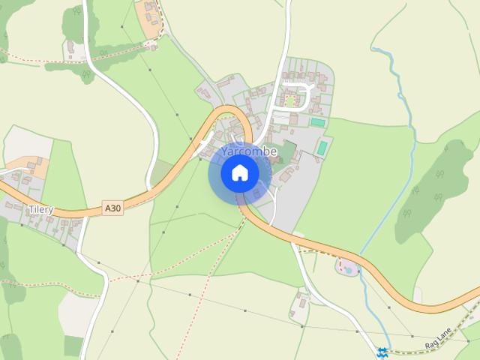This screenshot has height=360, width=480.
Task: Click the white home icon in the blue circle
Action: pyautogui.click(x=240, y=173)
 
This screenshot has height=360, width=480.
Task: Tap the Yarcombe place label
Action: pyautogui.click(x=249, y=151)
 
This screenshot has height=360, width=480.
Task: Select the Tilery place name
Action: pyautogui.click(x=41, y=210)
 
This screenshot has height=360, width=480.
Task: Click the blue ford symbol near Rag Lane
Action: pyautogui.click(x=383, y=352)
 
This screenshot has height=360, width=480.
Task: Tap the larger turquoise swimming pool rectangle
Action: pyautogui.click(x=322, y=148)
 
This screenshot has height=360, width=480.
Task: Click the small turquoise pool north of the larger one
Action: pyautogui.click(x=318, y=122)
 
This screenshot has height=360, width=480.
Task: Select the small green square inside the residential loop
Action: pyautogui.click(x=290, y=100)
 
